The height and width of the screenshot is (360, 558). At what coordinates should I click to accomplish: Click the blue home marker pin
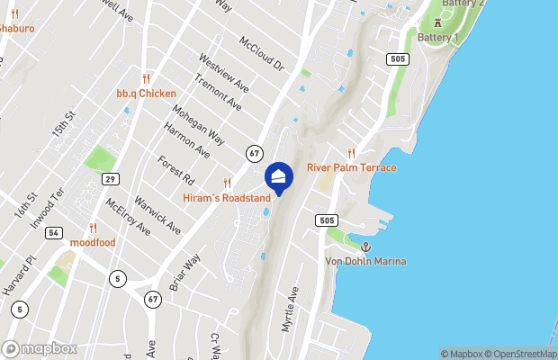(x=279, y=178)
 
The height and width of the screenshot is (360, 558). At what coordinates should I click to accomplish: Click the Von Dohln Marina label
(x=365, y=261)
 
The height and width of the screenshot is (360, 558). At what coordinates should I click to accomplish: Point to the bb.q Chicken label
(x=146, y=93)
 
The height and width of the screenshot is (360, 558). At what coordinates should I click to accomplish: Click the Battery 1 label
(x=438, y=37)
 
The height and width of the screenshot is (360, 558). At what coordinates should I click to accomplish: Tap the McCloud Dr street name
(x=261, y=53)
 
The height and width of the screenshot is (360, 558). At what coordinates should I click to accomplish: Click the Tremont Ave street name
(x=222, y=94)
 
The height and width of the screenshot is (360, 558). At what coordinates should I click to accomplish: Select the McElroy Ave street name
(x=127, y=216)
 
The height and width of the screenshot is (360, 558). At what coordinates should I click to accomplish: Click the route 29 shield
(x=109, y=178)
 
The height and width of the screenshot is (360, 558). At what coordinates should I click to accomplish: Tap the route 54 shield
(x=54, y=233)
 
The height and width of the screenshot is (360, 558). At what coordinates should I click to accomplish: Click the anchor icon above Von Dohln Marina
(x=365, y=247)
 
